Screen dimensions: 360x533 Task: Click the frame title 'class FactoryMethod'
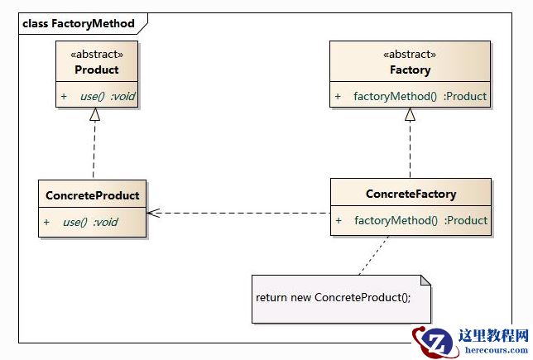click(x=78, y=23)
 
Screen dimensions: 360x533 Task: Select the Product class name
click(x=97, y=70)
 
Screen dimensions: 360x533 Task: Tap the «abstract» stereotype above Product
click(x=97, y=55)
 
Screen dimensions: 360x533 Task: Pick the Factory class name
click(x=410, y=70)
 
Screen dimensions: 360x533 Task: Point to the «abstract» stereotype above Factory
click(x=410, y=55)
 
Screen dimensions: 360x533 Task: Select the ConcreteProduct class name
click(x=93, y=195)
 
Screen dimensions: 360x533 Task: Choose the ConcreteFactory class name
click(x=411, y=194)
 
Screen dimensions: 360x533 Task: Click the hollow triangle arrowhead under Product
click(x=95, y=117)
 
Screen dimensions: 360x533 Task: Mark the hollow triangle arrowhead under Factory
click(x=409, y=116)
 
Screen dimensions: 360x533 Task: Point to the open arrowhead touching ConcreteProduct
click(x=153, y=213)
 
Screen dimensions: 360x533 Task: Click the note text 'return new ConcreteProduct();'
click(x=333, y=297)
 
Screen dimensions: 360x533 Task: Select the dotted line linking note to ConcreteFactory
click(x=373, y=255)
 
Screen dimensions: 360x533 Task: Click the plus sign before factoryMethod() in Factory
click(x=338, y=97)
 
